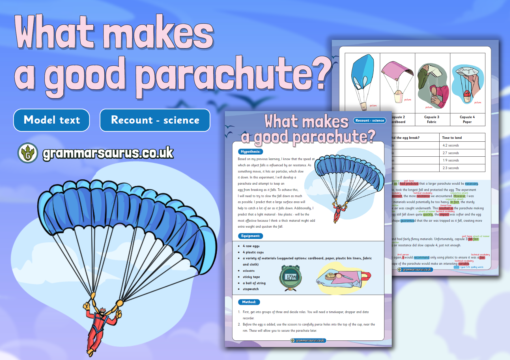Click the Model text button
(51, 120)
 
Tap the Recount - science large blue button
(155, 120)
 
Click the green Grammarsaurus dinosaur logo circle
(28, 153)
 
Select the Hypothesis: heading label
(250, 152)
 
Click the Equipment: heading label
(250, 236)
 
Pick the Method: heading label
(249, 302)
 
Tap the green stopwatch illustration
(290, 277)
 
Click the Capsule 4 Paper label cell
(467, 119)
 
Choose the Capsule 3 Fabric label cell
(432, 119)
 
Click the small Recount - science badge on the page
(370, 120)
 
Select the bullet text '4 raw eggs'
(251, 246)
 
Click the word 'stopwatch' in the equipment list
(251, 289)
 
